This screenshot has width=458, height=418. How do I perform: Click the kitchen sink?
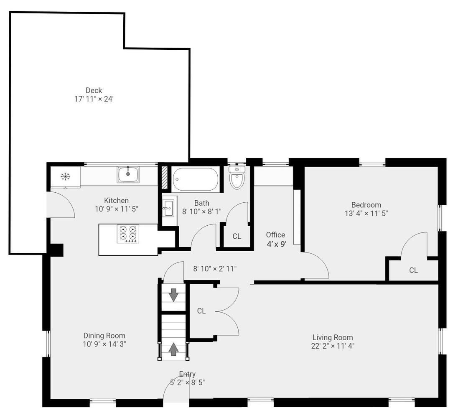[128, 174]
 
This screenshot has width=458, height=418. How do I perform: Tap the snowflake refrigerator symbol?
[65, 176]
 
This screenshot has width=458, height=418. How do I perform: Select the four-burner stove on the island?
[128, 234]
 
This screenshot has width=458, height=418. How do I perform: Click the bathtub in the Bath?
[195, 179]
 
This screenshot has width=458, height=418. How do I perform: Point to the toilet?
[237, 178]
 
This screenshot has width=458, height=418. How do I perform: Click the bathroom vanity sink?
[168, 208]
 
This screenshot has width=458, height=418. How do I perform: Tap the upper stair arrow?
[174, 295]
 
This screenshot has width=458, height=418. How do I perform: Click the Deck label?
[94, 90]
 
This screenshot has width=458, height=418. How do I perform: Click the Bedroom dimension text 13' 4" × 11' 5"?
[366, 213]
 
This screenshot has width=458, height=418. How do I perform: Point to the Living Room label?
[333, 337]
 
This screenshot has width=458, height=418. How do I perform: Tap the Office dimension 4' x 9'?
[276, 244]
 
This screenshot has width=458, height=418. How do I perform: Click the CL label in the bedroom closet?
[413, 270]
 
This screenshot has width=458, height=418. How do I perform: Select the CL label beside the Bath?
[237, 236]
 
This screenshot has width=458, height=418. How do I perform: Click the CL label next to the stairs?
[201, 311]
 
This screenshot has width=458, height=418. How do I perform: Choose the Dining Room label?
[104, 336]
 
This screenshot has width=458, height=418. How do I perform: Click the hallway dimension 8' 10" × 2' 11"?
[215, 269]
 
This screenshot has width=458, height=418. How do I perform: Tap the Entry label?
[187, 374]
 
